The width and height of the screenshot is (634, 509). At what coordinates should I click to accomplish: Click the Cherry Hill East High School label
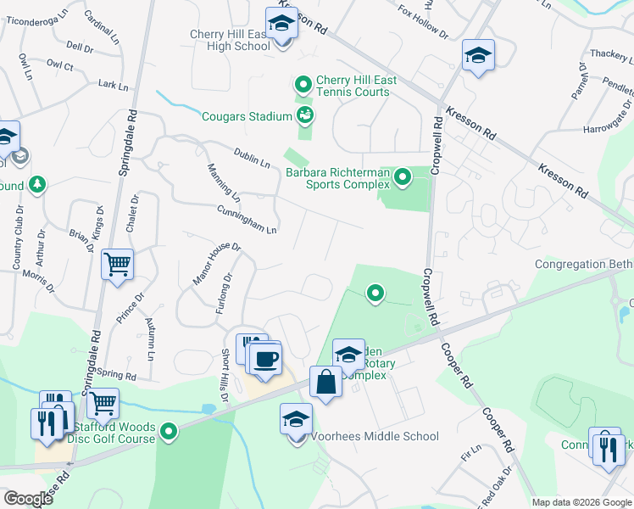230,40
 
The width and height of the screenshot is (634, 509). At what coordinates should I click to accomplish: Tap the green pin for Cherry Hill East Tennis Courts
302,85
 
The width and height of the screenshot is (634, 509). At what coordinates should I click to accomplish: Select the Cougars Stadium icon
305,115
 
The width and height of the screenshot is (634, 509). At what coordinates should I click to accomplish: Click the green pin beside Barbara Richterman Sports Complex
403,177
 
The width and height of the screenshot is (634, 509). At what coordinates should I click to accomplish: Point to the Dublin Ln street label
253,157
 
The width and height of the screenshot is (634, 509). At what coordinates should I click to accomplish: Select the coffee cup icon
266,360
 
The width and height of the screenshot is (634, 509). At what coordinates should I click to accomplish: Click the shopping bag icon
325,383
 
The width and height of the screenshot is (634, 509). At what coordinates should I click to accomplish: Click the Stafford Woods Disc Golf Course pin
170,433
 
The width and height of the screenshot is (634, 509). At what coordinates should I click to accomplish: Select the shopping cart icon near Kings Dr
117,264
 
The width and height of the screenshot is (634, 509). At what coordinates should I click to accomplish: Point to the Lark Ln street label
113,86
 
